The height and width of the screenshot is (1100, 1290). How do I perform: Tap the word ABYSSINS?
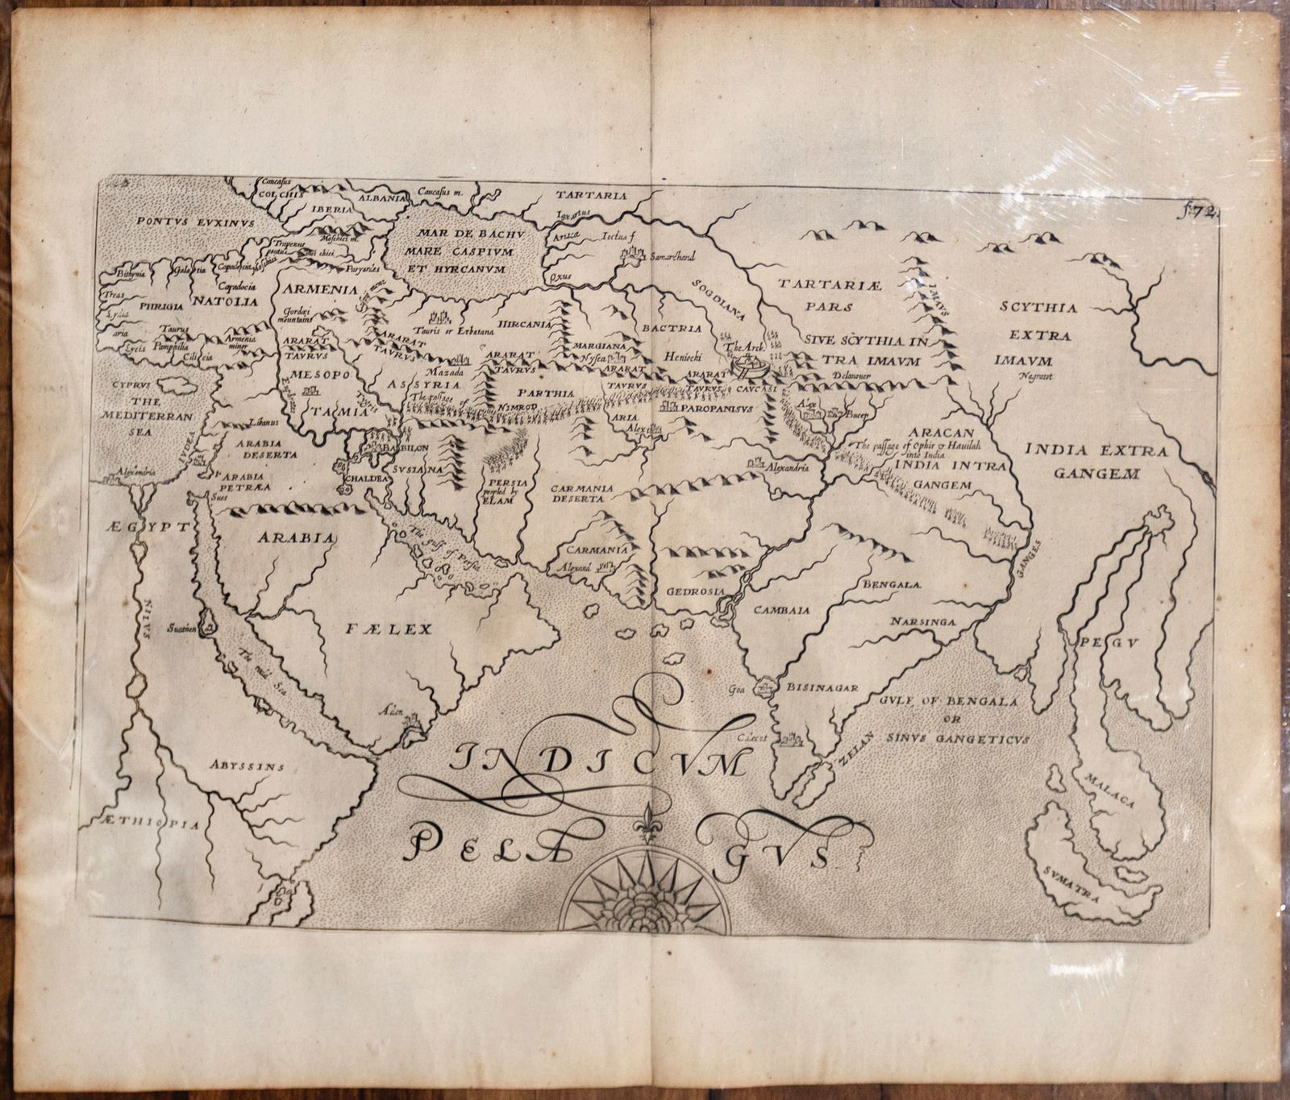click(246, 766)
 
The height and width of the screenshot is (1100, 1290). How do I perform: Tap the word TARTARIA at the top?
click(591, 194)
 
